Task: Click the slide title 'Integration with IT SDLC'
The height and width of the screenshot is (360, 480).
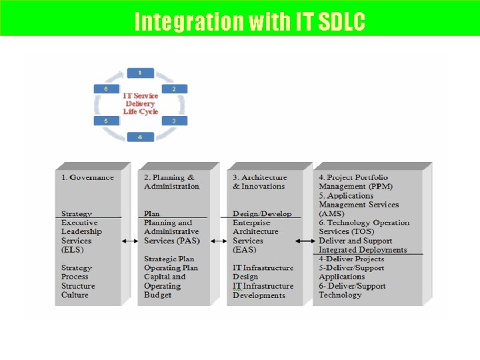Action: (249, 21)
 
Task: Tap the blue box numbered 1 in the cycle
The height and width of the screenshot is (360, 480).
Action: (139, 73)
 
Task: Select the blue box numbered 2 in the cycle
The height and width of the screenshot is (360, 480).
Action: (173, 89)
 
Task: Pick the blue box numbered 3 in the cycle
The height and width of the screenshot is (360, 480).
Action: (173, 121)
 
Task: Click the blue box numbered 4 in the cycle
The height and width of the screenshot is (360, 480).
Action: (139, 137)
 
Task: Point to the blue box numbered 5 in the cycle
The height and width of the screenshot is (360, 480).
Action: (106, 121)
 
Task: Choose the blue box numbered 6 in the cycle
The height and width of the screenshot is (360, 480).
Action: (106, 89)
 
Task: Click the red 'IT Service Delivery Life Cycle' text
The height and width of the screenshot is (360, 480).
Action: (140, 103)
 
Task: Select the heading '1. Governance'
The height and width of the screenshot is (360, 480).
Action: (87, 177)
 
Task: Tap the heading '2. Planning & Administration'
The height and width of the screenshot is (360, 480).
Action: (171, 182)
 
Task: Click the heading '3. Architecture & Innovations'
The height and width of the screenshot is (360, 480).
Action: (259, 182)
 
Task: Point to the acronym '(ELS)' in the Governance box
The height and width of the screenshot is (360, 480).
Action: (72, 250)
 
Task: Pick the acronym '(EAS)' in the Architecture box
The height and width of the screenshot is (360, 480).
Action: (244, 250)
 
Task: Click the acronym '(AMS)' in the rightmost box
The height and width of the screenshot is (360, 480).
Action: (331, 214)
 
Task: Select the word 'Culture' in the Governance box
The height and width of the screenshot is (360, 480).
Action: (75, 295)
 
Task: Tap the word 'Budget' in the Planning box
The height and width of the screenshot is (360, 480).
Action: (158, 295)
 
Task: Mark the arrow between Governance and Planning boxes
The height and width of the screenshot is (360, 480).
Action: (129, 241)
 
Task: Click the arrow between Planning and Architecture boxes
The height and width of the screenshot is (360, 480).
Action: (218, 241)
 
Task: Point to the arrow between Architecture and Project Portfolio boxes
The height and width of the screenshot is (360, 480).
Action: (305, 241)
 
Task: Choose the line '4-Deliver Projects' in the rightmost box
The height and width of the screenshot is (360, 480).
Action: (351, 259)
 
